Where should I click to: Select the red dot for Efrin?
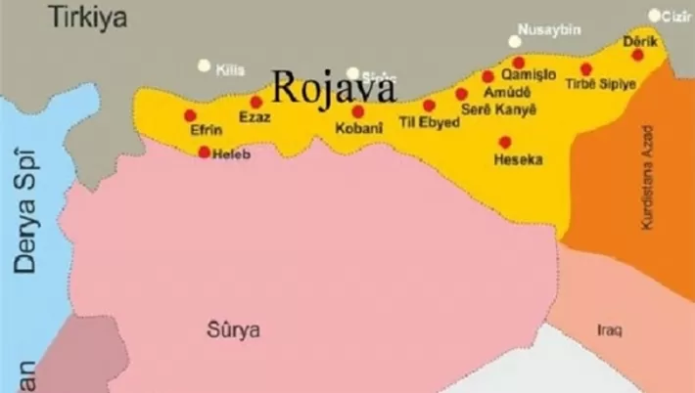[x=190, y=115]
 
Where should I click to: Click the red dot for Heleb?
[x=204, y=152]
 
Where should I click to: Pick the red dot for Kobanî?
[x=357, y=111]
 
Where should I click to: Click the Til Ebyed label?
[x=423, y=122]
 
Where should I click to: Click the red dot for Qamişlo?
[x=518, y=63]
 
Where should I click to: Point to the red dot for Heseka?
[x=505, y=142]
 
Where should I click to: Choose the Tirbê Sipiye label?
[x=600, y=85]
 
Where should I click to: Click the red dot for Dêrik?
[x=637, y=55]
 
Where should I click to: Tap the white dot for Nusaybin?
[x=515, y=41]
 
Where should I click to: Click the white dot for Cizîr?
[x=655, y=15]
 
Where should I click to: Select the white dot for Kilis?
[x=204, y=65]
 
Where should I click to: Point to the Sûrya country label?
[x=234, y=329]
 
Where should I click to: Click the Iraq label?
[x=609, y=329]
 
